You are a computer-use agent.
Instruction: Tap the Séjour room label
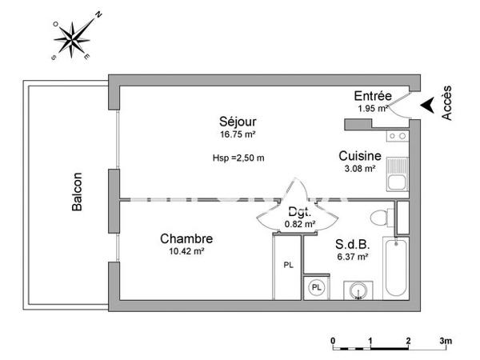(238, 122)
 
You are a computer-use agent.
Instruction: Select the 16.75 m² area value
(238, 134)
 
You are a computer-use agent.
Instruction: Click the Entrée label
(372, 97)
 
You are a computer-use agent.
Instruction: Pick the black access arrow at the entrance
(429, 105)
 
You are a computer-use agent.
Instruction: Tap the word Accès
(447, 104)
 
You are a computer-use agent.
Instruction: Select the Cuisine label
(359, 158)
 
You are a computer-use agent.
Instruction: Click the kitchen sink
(396, 175)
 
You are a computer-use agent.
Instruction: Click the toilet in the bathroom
(383, 216)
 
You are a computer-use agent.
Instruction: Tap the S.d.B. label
(351, 245)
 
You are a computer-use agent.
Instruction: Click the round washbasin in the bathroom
(356, 289)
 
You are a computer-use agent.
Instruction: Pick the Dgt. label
(300, 213)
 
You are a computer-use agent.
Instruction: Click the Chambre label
(186, 238)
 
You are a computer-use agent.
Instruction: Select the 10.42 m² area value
(186, 251)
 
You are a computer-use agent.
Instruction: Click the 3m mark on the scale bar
(445, 340)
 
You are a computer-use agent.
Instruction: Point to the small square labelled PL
(317, 287)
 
